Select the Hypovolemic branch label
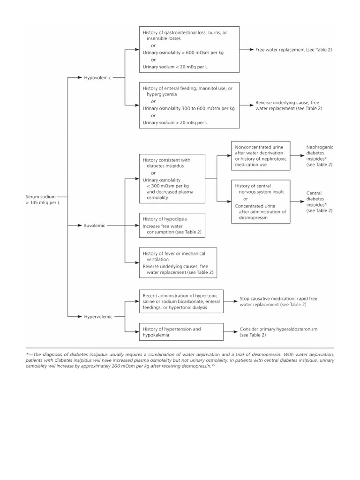97,77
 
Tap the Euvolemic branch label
95,225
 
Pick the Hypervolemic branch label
98,316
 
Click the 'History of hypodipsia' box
172,225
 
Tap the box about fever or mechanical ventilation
178,262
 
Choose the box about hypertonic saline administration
181,298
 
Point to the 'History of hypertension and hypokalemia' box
181,332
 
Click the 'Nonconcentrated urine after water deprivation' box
261,156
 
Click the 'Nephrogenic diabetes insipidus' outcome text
320,156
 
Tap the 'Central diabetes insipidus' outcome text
320,202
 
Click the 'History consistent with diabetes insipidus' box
172,179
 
